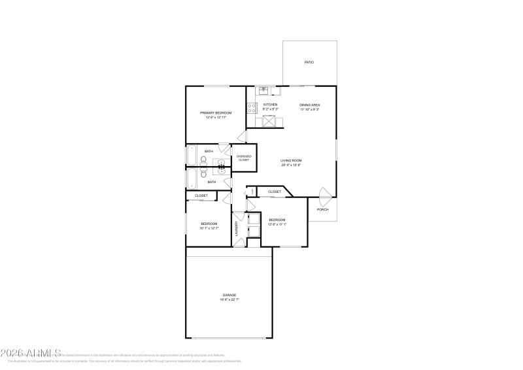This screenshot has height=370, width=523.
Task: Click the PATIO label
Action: pos(309,62)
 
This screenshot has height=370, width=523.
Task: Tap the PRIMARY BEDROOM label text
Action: pos(216,112)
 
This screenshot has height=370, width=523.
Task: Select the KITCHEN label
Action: pos(270,105)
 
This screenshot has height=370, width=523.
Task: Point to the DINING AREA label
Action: pos(310,105)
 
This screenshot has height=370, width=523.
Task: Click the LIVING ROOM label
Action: pos(291,160)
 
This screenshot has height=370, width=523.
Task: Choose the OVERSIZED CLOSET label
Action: pos(243,158)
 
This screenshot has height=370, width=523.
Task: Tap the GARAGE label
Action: pos(229,295)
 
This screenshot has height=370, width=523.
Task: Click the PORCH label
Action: pos(322,209)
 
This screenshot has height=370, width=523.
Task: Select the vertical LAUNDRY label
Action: pos(237,228)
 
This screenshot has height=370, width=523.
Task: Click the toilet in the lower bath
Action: pos(204,175)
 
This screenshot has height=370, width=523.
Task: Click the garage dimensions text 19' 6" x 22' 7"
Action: pos(229,299)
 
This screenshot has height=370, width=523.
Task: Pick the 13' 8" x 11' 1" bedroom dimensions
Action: pos(277,224)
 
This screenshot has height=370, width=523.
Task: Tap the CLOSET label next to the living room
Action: pos(275,192)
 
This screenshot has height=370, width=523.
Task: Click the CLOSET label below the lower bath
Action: pos(201,195)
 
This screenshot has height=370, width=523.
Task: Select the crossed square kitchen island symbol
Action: pos(269,120)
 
